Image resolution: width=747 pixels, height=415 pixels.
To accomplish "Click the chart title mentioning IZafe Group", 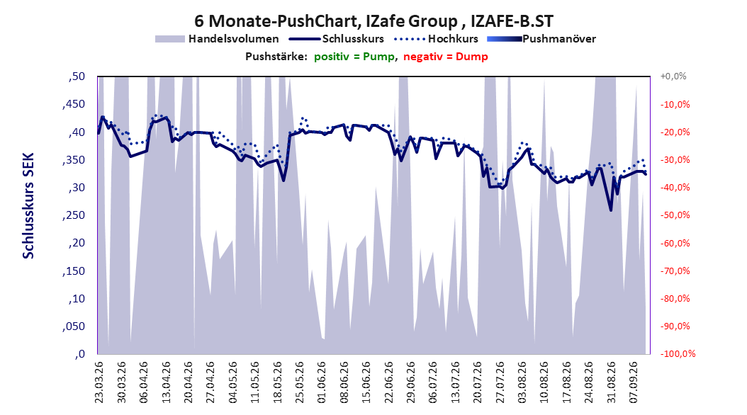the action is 373,21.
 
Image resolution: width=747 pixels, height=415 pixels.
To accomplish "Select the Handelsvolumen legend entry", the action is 217,39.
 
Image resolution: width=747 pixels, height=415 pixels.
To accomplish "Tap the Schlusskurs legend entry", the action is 337,39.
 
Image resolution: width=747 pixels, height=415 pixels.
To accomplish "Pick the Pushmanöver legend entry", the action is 541,39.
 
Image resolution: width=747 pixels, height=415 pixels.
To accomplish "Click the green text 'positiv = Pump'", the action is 354,57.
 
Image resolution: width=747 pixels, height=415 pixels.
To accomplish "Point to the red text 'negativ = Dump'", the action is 446,57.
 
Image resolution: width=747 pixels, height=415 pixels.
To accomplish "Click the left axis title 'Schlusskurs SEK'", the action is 28,205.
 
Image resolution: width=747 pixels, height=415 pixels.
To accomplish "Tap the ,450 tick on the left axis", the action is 74,104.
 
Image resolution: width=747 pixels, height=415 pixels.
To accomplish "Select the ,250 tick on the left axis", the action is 74,215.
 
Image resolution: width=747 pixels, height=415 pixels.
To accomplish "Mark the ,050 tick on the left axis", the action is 74,326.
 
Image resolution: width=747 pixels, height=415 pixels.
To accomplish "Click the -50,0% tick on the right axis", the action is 675,215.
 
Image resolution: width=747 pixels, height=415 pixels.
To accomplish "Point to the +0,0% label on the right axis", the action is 673,76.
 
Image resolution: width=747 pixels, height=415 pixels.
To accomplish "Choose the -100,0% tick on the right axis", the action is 678,353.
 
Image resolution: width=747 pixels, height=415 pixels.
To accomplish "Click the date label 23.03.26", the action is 99,382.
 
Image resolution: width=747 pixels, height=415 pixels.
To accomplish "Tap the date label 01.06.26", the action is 322,382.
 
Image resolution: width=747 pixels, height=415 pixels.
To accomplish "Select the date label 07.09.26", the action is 634,382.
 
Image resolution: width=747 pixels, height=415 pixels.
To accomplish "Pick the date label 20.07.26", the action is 478,382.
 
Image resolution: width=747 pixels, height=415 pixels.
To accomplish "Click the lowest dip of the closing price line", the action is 611,210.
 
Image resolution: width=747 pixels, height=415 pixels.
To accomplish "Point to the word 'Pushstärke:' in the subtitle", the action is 276,57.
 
